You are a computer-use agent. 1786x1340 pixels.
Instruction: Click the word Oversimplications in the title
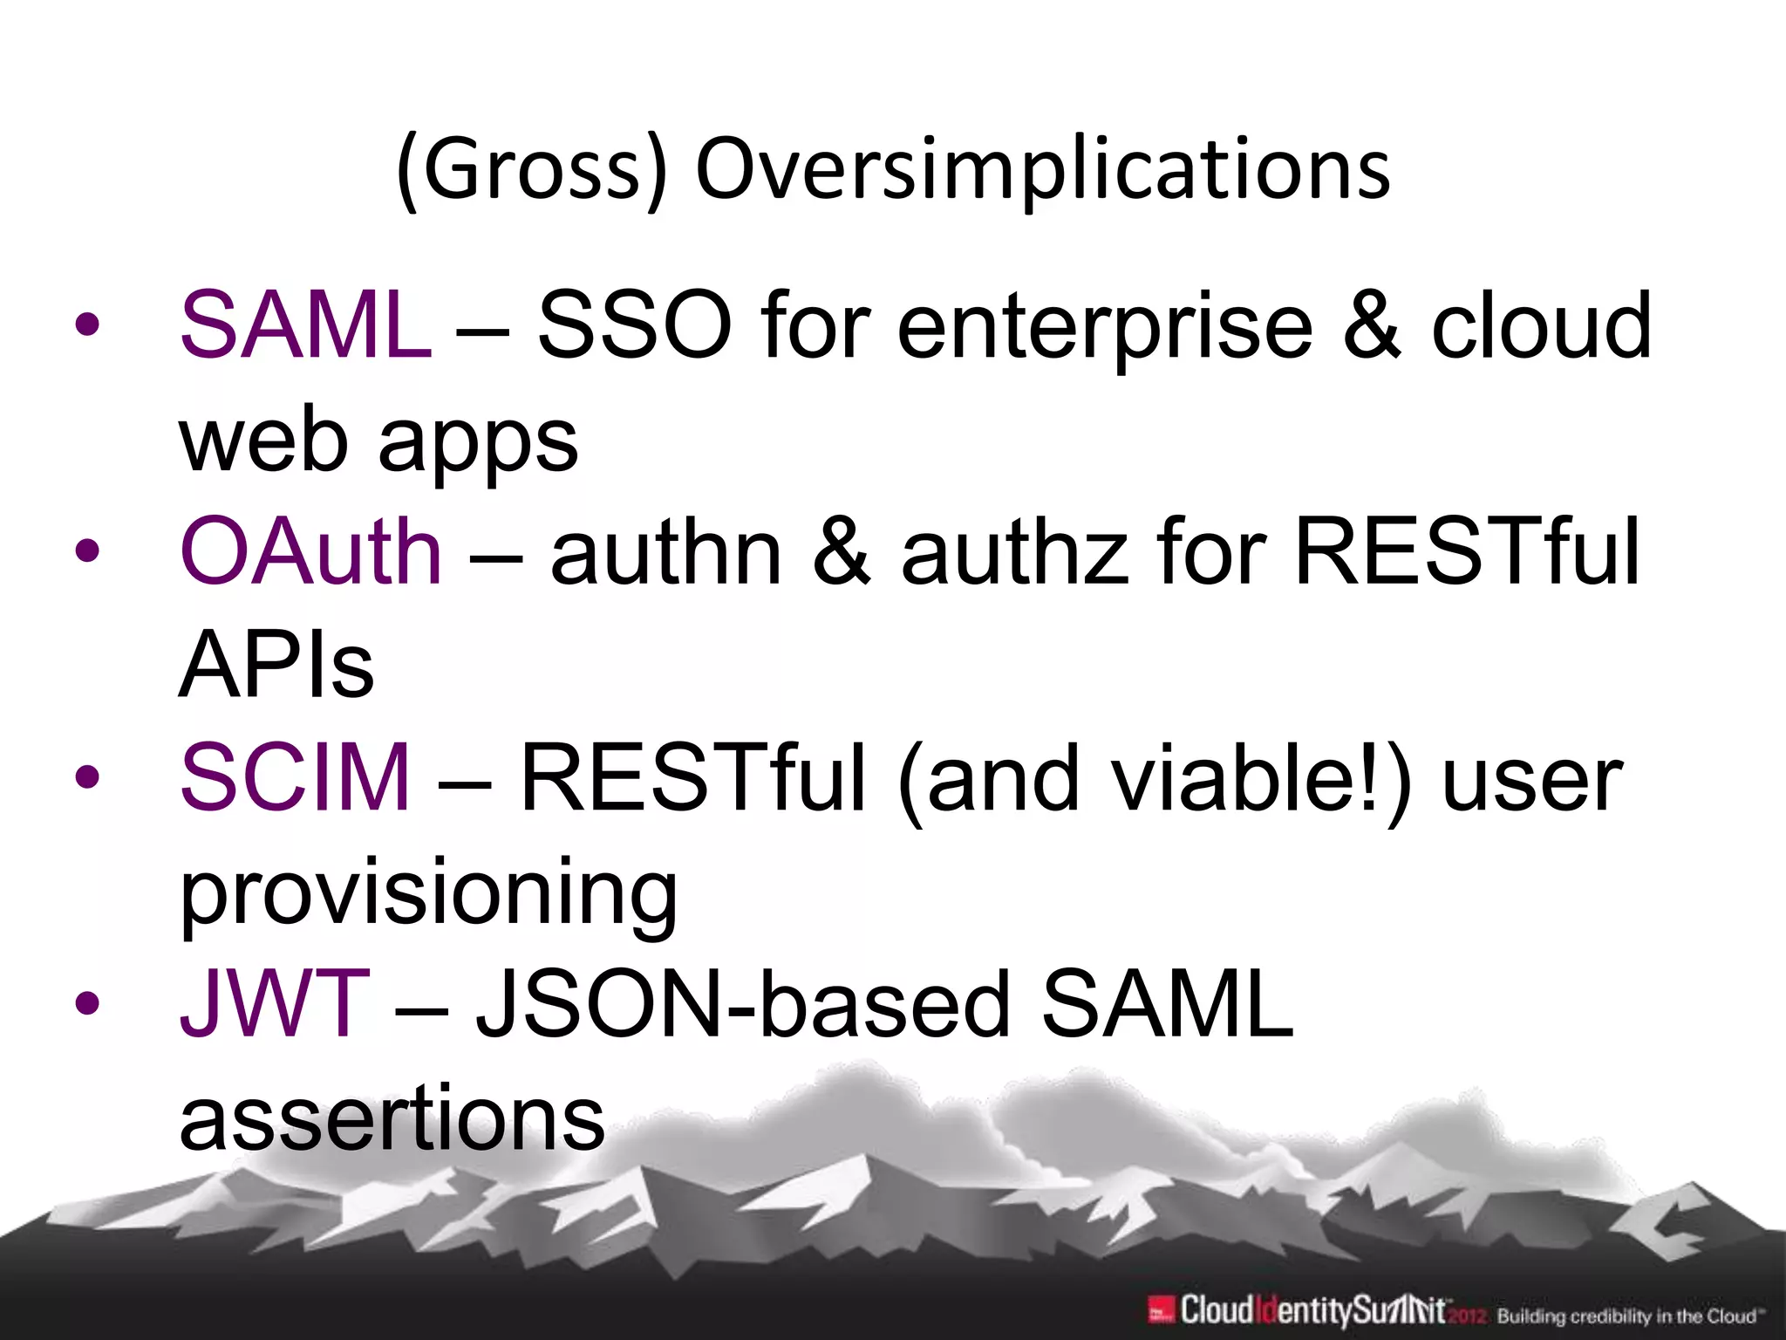point(1042,170)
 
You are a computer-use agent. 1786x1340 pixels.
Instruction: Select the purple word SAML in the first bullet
point(305,325)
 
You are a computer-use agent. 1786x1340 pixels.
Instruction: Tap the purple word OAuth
point(311,551)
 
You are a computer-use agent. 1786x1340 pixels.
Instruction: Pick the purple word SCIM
point(295,776)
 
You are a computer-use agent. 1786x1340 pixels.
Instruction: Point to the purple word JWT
point(275,1003)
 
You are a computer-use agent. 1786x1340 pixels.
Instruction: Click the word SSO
point(634,325)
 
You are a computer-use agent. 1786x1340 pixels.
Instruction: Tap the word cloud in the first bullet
point(1541,325)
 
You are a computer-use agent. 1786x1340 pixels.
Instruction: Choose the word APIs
point(276,665)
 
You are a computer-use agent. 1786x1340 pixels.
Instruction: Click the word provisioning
point(428,892)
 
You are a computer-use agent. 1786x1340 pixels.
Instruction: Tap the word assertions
point(392,1117)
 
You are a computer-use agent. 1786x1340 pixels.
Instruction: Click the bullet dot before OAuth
point(87,551)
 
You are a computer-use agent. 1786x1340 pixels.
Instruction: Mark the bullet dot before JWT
point(87,1003)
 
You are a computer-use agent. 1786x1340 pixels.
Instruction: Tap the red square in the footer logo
point(1159,1310)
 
